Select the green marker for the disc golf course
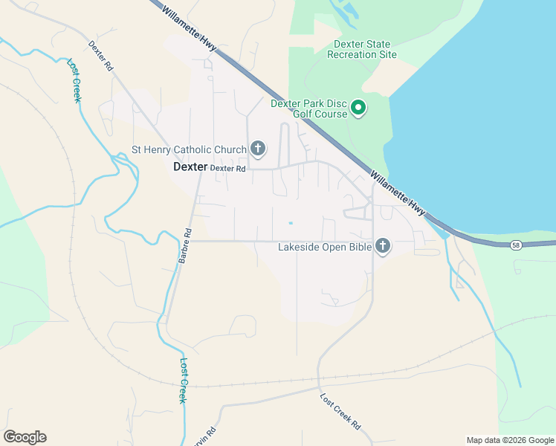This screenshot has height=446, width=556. pyautogui.click(x=358, y=109)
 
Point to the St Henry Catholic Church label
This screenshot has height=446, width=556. pyautogui.click(x=189, y=150)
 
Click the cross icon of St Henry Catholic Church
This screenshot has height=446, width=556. pyautogui.click(x=258, y=149)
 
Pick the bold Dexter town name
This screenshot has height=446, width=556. pyautogui.click(x=190, y=167)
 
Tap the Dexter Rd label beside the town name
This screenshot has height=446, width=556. pyautogui.click(x=227, y=169)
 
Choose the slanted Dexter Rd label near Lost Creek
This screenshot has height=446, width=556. pyautogui.click(x=100, y=56)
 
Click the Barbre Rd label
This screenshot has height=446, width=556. pyautogui.click(x=185, y=245)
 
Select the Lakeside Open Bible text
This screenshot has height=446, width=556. pyautogui.click(x=324, y=247)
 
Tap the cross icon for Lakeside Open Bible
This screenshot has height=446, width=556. pyautogui.click(x=383, y=245)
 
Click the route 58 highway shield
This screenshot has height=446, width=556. pyautogui.click(x=516, y=245)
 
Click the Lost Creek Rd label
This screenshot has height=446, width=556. pyautogui.click(x=340, y=410)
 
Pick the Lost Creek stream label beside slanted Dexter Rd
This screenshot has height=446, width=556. pyautogui.click(x=74, y=80)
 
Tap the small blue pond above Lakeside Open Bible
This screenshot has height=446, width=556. pyautogui.click(x=291, y=222)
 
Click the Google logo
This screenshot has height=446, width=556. pyautogui.click(x=25, y=437)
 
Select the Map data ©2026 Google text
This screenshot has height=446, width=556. pyautogui.click(x=510, y=440)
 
